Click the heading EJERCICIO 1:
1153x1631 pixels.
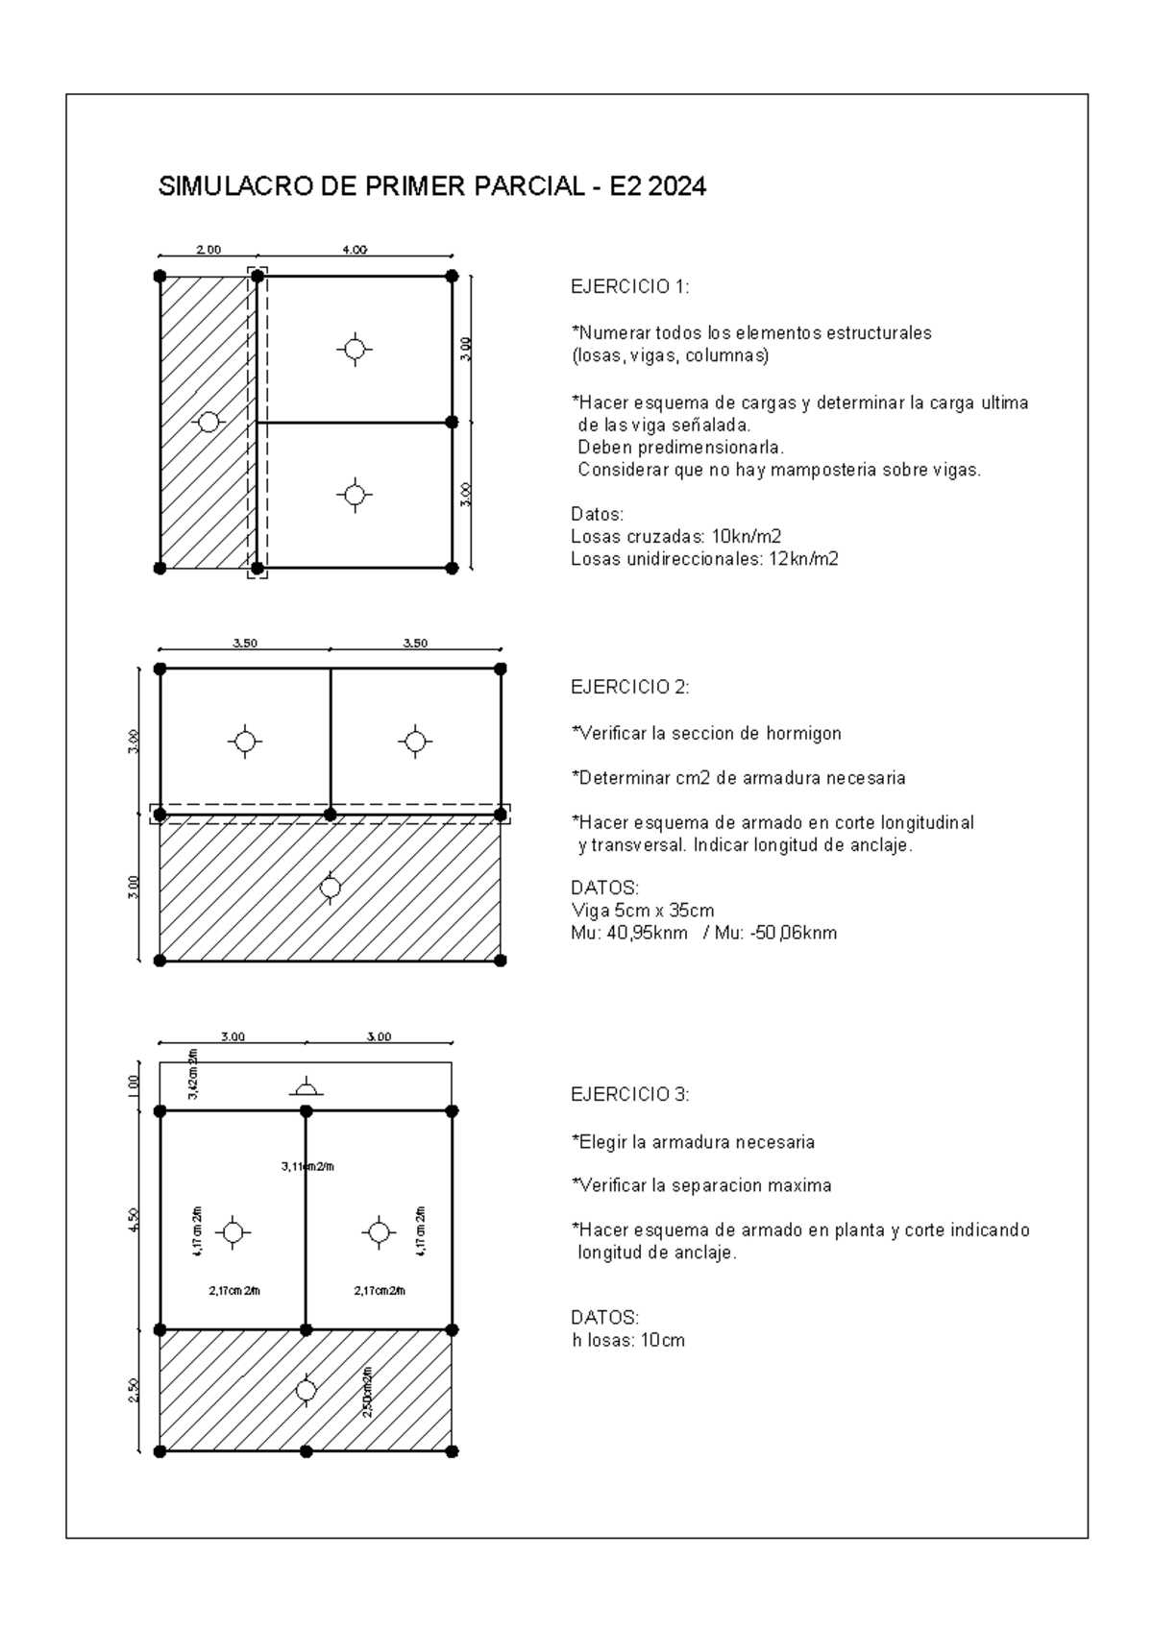point(630,287)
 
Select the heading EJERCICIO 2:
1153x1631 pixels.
point(630,687)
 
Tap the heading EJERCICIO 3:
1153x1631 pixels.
point(630,1094)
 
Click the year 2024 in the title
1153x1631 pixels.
point(677,186)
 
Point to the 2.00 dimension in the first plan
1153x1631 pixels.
point(209,250)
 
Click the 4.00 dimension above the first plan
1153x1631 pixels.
point(354,250)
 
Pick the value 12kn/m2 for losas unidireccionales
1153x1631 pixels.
point(803,559)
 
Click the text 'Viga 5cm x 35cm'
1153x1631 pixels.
point(642,910)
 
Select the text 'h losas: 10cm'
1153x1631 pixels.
point(627,1340)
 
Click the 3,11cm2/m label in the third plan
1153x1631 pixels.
point(307,1166)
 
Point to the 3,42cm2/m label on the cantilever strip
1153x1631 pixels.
point(193,1077)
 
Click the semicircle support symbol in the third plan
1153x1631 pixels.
point(306,1087)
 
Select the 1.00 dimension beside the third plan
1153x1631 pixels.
point(134,1085)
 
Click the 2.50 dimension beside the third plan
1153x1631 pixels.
point(134,1390)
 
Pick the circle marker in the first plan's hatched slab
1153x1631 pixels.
point(209,422)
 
